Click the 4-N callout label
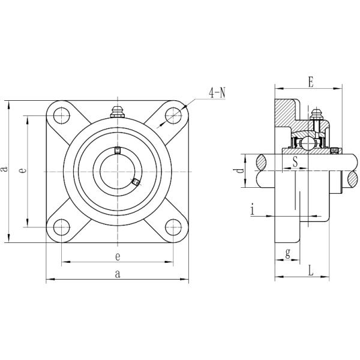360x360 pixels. pyautogui.click(x=217, y=93)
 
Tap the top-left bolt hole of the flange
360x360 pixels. pyautogui.click(x=62, y=115)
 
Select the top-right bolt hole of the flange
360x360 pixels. pyautogui.click(x=173, y=115)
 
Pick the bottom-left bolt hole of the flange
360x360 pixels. pyautogui.click(x=62, y=227)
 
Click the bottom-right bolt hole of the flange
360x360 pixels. pyautogui.click(x=173, y=227)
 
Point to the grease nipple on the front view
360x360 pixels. pyautogui.click(x=118, y=112)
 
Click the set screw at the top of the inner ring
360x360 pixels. pyautogui.click(x=118, y=150)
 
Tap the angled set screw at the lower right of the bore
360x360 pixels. pyautogui.click(x=136, y=182)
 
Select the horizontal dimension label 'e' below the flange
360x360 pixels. pyautogui.click(x=118, y=256)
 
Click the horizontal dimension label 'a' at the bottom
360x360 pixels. pyautogui.click(x=118, y=274)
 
